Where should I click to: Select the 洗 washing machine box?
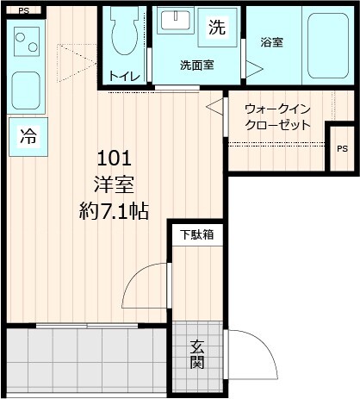tap(216, 27)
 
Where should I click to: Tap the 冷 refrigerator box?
tap(28, 136)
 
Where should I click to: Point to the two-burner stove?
tap(27, 39)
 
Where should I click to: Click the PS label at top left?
tap(22, 11)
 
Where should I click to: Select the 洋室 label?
tap(114, 184)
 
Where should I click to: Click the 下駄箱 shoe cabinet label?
tap(196, 234)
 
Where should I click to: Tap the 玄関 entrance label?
tap(197, 354)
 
